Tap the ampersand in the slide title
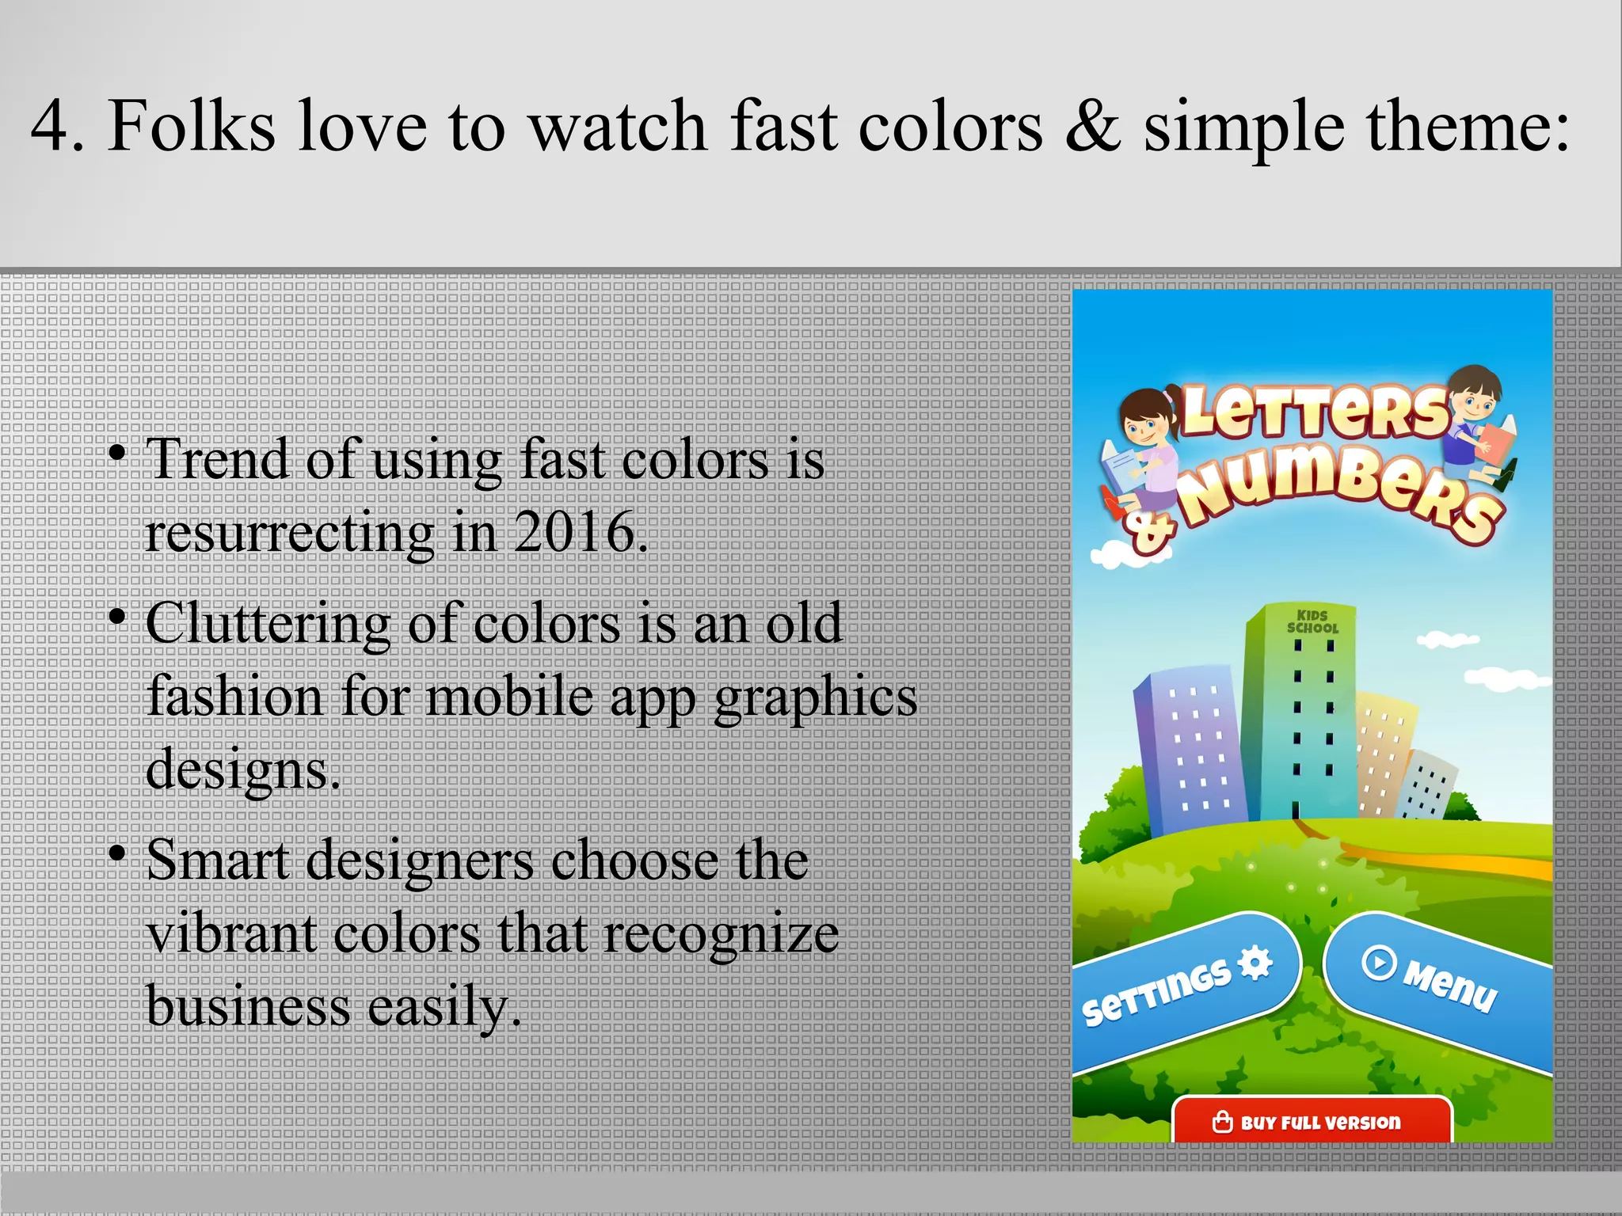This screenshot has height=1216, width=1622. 1092,127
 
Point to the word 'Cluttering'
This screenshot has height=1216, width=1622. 268,624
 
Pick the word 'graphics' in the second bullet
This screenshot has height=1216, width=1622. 815,698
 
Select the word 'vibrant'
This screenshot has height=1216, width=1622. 233,934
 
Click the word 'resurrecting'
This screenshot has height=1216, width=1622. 290,533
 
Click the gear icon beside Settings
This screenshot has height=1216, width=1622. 1255,963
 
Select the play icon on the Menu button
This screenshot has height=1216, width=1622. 1379,963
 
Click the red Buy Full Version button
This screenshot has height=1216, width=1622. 1312,1122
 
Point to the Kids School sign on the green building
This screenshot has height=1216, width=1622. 1312,621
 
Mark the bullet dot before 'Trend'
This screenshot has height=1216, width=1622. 117,454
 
